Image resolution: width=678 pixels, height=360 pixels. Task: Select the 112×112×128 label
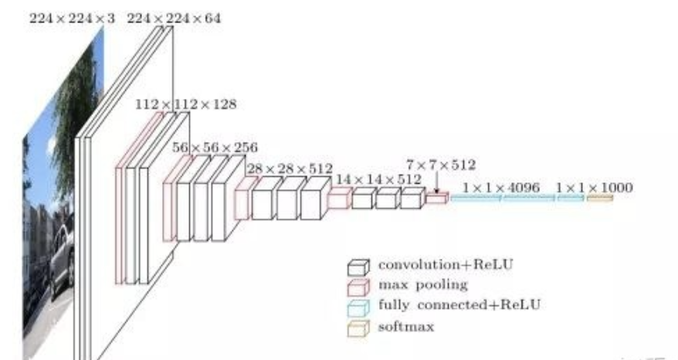pos(185,104)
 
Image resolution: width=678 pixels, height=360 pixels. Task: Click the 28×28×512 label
pos(290,168)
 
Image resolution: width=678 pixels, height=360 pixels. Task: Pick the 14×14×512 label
pos(377,179)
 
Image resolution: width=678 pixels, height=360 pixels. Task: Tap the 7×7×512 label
pos(441,165)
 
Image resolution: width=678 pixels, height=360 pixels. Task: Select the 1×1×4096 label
pos(500,187)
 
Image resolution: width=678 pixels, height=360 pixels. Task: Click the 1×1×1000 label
pos(594,187)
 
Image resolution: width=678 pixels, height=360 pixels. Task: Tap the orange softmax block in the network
pos(600,199)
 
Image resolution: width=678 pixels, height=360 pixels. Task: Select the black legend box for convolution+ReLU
pos(357,267)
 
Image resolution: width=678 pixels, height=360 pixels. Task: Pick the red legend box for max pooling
pos(357,287)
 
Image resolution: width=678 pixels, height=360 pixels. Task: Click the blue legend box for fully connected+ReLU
pos(357,307)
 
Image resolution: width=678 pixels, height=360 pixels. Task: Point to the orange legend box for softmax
pos(357,328)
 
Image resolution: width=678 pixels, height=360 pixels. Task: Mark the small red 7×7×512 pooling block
pos(436,199)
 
